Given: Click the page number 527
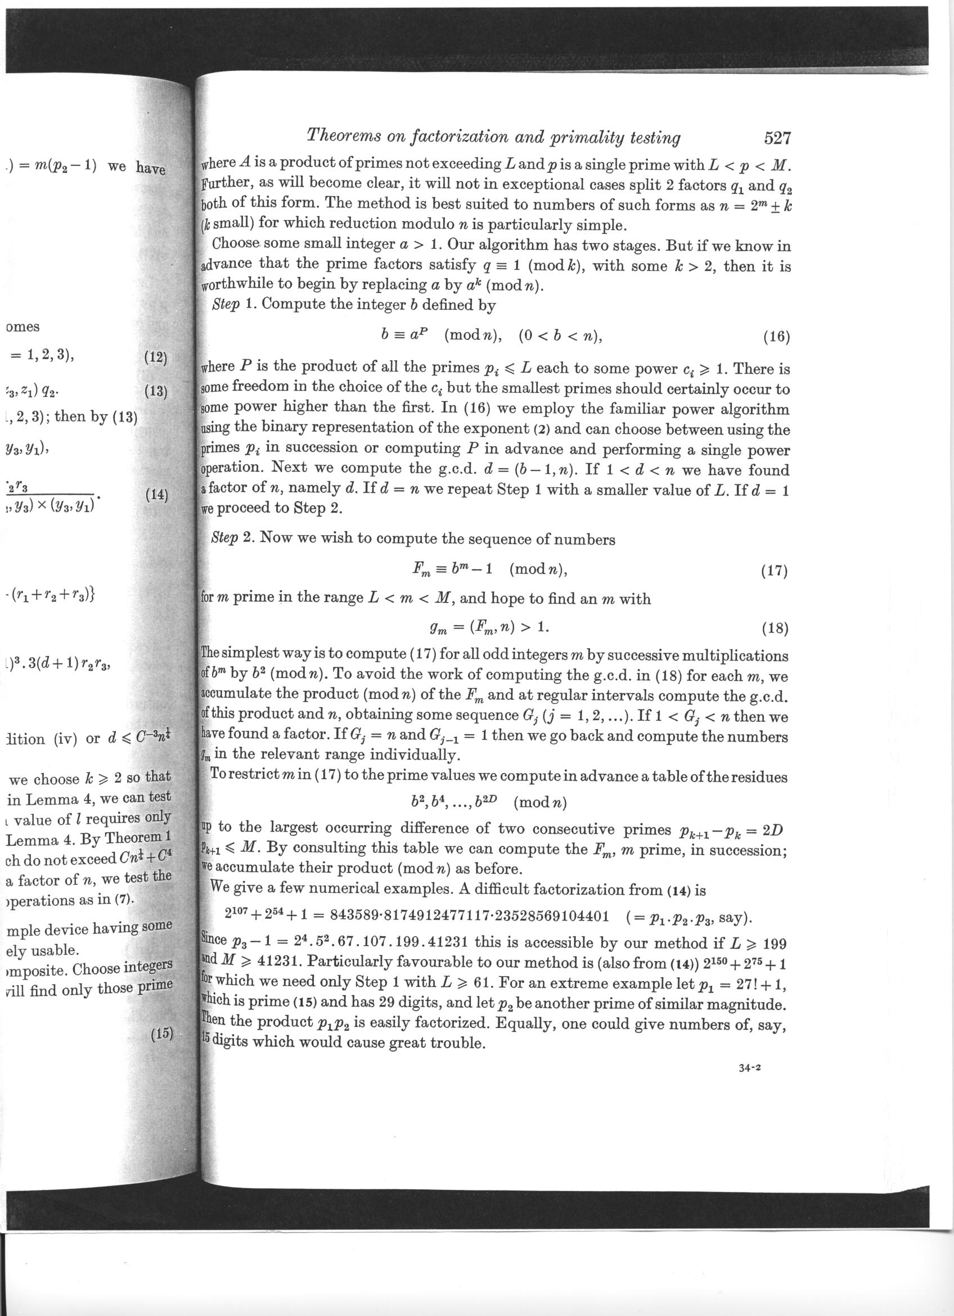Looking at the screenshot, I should (777, 138).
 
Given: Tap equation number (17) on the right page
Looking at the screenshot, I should (773, 572).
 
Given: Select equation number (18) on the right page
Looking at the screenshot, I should (773, 628).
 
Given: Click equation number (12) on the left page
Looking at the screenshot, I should (155, 357).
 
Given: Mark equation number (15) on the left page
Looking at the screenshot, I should (163, 1034).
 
